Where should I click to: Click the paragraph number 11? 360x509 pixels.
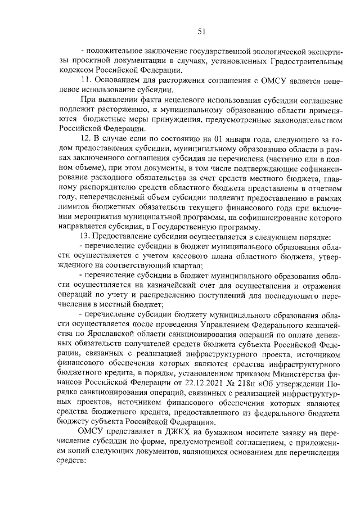[x=87, y=80]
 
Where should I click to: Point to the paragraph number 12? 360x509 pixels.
[x=87, y=138]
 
